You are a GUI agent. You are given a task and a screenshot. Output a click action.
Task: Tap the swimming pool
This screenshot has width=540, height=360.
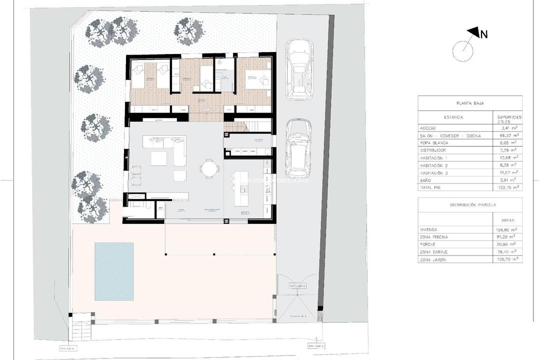114,271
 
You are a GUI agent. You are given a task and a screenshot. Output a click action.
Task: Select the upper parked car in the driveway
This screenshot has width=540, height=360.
299,70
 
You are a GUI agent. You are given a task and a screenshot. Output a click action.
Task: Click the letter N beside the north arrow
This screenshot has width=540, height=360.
483,34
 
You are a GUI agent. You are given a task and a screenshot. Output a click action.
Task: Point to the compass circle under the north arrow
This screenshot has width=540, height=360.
463,51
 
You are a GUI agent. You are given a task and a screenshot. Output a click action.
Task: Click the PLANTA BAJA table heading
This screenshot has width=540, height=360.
469,103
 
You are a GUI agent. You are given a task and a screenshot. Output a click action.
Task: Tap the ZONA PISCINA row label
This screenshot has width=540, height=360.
434,237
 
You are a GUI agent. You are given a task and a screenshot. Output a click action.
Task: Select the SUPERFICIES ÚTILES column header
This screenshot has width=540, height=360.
509,118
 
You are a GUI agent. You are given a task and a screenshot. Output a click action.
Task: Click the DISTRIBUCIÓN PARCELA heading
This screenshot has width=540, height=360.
469,205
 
